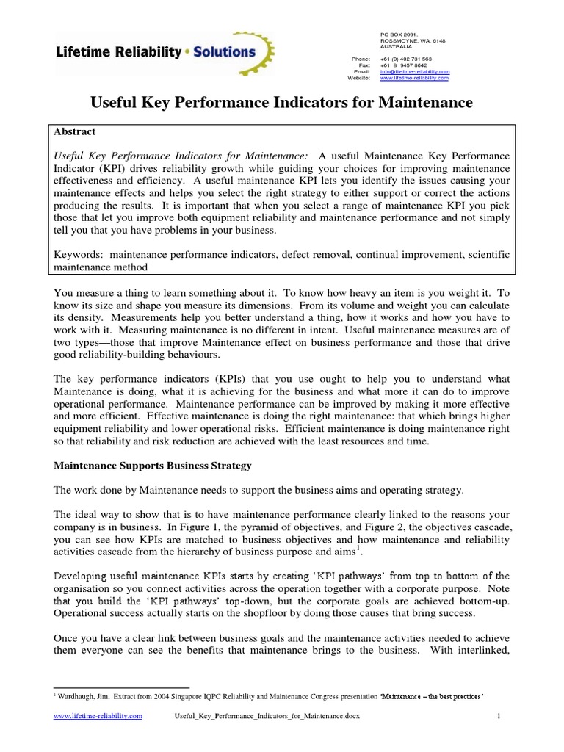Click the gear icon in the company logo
click(x=263, y=52)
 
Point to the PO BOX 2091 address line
click(x=399, y=35)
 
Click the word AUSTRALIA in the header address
click(x=396, y=46)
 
